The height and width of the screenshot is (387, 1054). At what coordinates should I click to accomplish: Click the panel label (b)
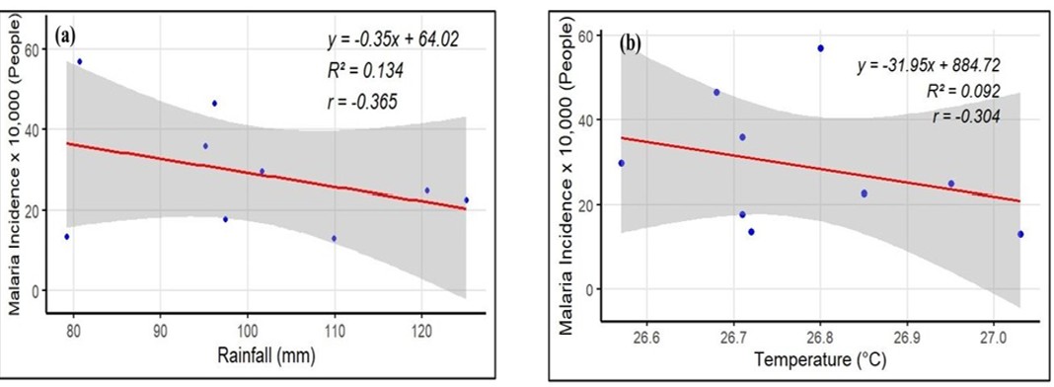coord(629,43)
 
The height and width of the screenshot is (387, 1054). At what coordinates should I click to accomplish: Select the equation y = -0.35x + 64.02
coord(393,40)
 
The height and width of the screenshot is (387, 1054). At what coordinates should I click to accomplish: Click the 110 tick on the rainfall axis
coord(335,328)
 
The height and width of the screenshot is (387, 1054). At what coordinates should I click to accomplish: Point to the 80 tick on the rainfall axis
coord(73,328)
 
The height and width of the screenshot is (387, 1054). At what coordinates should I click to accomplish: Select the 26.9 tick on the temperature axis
coord(905,334)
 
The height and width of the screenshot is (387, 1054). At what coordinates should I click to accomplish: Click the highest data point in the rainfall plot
coord(80,61)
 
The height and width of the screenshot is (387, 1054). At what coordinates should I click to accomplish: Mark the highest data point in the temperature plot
coord(820,48)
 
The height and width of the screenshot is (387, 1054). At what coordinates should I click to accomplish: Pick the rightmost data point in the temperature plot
coord(1020,234)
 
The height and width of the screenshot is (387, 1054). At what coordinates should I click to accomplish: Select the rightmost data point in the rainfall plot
coord(466,199)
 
